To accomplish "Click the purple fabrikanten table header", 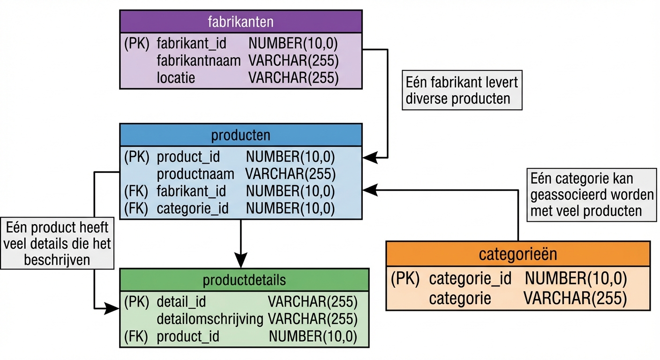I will pyautogui.click(x=240, y=22).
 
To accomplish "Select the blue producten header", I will pyautogui.click(x=240, y=135).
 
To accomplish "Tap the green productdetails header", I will pyautogui.click(x=244, y=280).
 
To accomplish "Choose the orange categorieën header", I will pyautogui.click(x=517, y=254).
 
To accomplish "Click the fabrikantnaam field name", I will pyautogui.click(x=199, y=60).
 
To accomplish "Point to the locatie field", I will pyautogui.click(x=176, y=77).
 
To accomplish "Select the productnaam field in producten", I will pyautogui.click(x=195, y=174).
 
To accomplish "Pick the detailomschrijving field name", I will pyautogui.click(x=210, y=319).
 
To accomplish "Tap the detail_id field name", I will pyautogui.click(x=181, y=301).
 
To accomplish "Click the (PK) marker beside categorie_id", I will pyautogui.click(x=405, y=278).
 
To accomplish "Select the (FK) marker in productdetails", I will pyautogui.click(x=136, y=336).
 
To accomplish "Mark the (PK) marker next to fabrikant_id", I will pyautogui.click(x=136, y=44).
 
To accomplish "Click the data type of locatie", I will pyautogui.click(x=293, y=77).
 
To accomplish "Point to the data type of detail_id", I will pyautogui.click(x=313, y=301).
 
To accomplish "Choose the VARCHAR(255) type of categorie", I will pyautogui.click(x=575, y=298).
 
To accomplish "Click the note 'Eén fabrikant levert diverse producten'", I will pyautogui.click(x=462, y=90).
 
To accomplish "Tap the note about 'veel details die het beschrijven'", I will pyautogui.click(x=57, y=244).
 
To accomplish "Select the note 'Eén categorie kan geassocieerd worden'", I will pyautogui.click(x=592, y=195).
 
